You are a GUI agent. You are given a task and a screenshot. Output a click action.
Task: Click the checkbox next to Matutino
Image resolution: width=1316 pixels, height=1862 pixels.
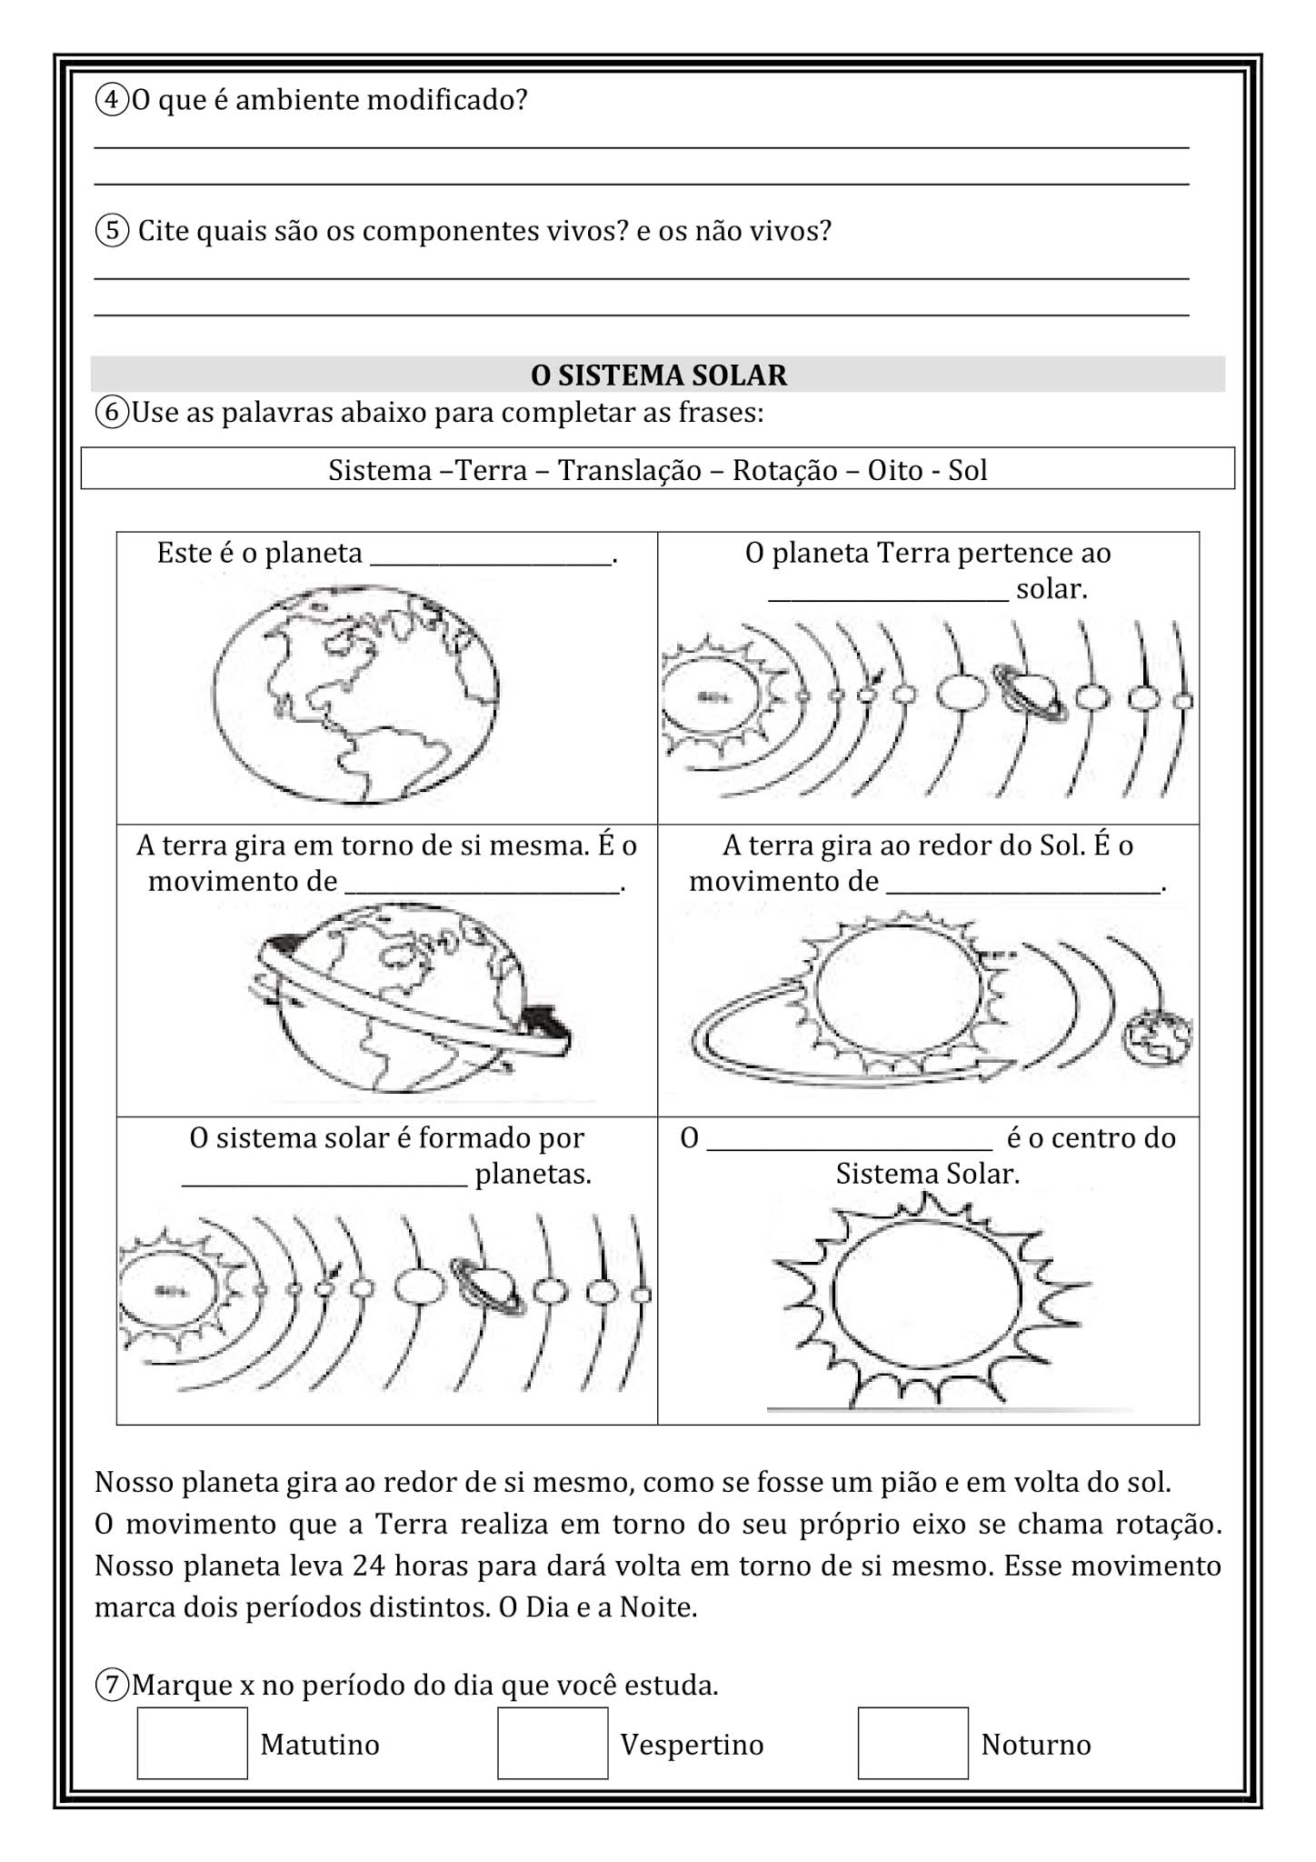pos(192,1742)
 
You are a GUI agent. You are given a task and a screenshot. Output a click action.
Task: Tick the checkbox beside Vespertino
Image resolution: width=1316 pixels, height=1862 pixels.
pos(552,1742)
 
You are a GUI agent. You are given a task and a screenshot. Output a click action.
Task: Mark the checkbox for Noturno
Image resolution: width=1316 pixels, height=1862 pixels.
pos(912,1742)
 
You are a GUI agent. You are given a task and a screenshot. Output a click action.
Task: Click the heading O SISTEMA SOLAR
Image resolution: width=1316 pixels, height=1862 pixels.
pos(658,375)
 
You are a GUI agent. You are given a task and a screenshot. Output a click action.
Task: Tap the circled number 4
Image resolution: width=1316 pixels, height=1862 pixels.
pos(112,100)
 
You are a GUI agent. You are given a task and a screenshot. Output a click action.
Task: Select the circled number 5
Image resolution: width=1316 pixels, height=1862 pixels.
pos(112,231)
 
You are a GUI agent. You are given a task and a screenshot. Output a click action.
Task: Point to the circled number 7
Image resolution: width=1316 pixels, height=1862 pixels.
pos(112,1685)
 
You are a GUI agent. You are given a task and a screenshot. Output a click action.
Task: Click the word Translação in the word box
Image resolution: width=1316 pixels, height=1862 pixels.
pos(629,470)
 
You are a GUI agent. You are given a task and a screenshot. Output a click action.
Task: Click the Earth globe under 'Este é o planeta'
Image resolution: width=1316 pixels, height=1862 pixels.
pos(356,694)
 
